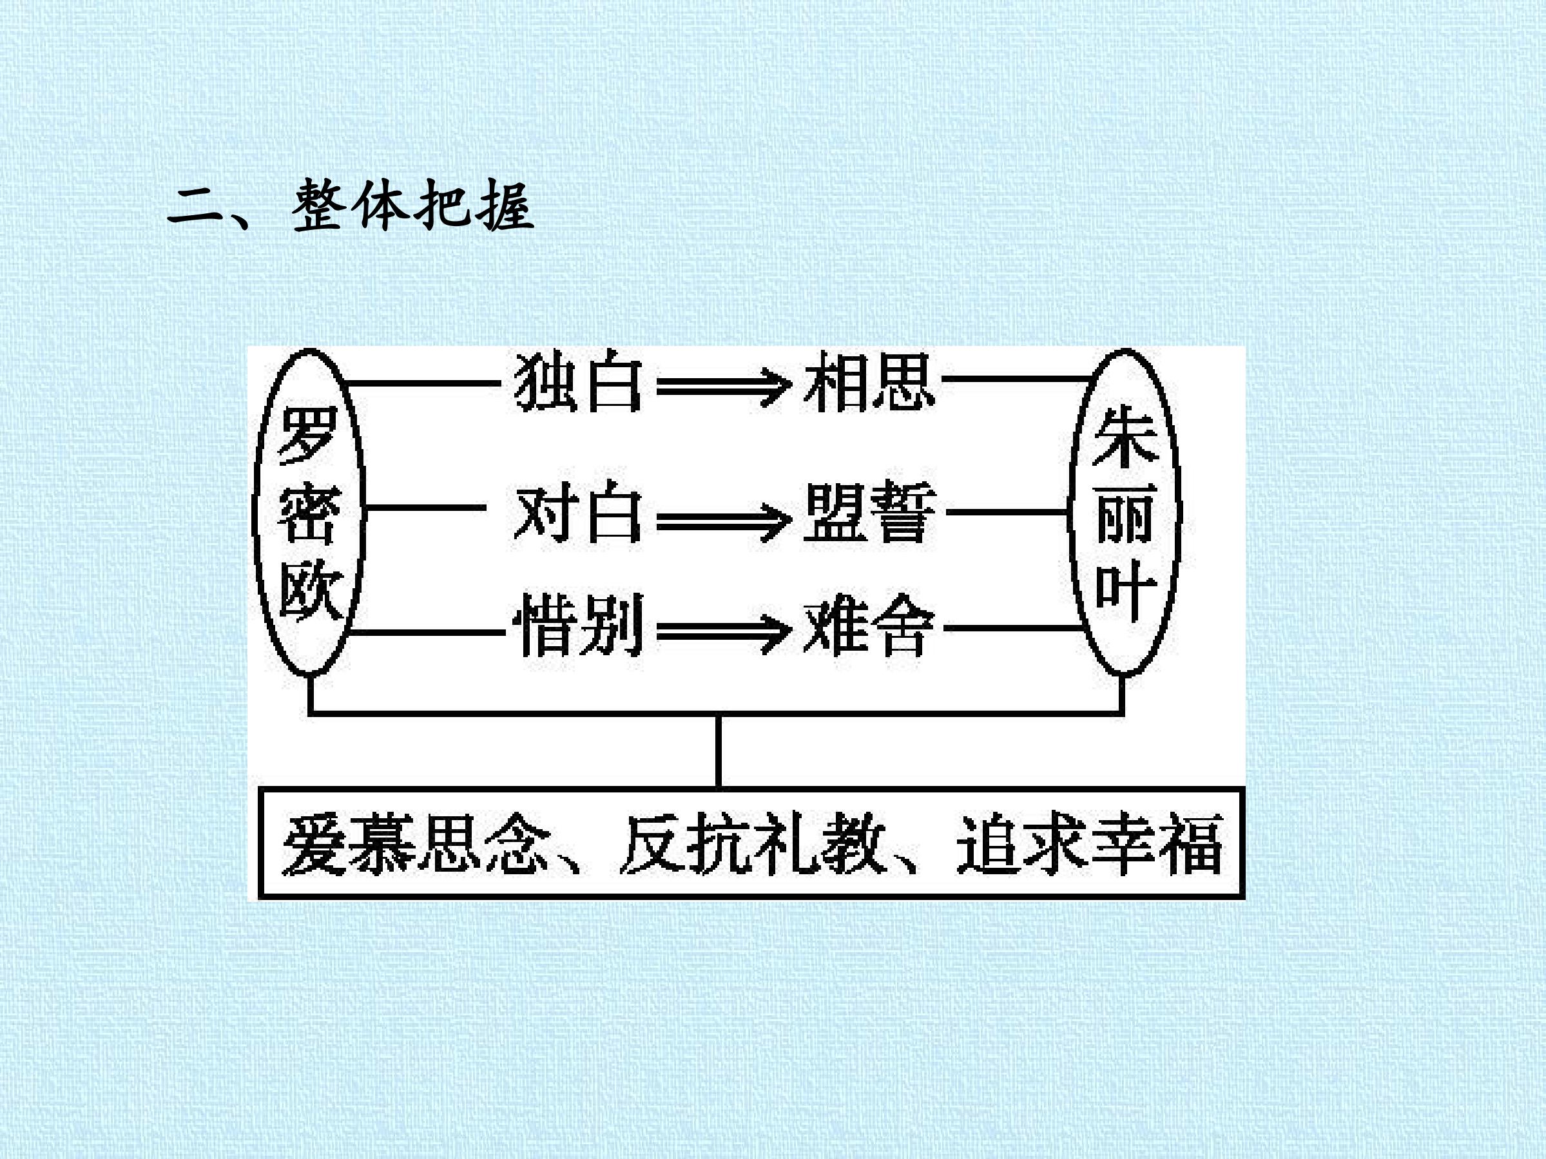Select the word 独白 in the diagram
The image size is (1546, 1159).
[578, 383]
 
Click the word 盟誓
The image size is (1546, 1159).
[869, 512]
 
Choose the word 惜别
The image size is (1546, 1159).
[579, 626]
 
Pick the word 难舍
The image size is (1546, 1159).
[868, 627]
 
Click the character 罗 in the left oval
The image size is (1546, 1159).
[308, 434]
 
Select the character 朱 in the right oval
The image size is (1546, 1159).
[1125, 438]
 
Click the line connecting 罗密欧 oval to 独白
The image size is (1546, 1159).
[423, 383]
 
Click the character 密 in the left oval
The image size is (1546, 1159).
[309, 513]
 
